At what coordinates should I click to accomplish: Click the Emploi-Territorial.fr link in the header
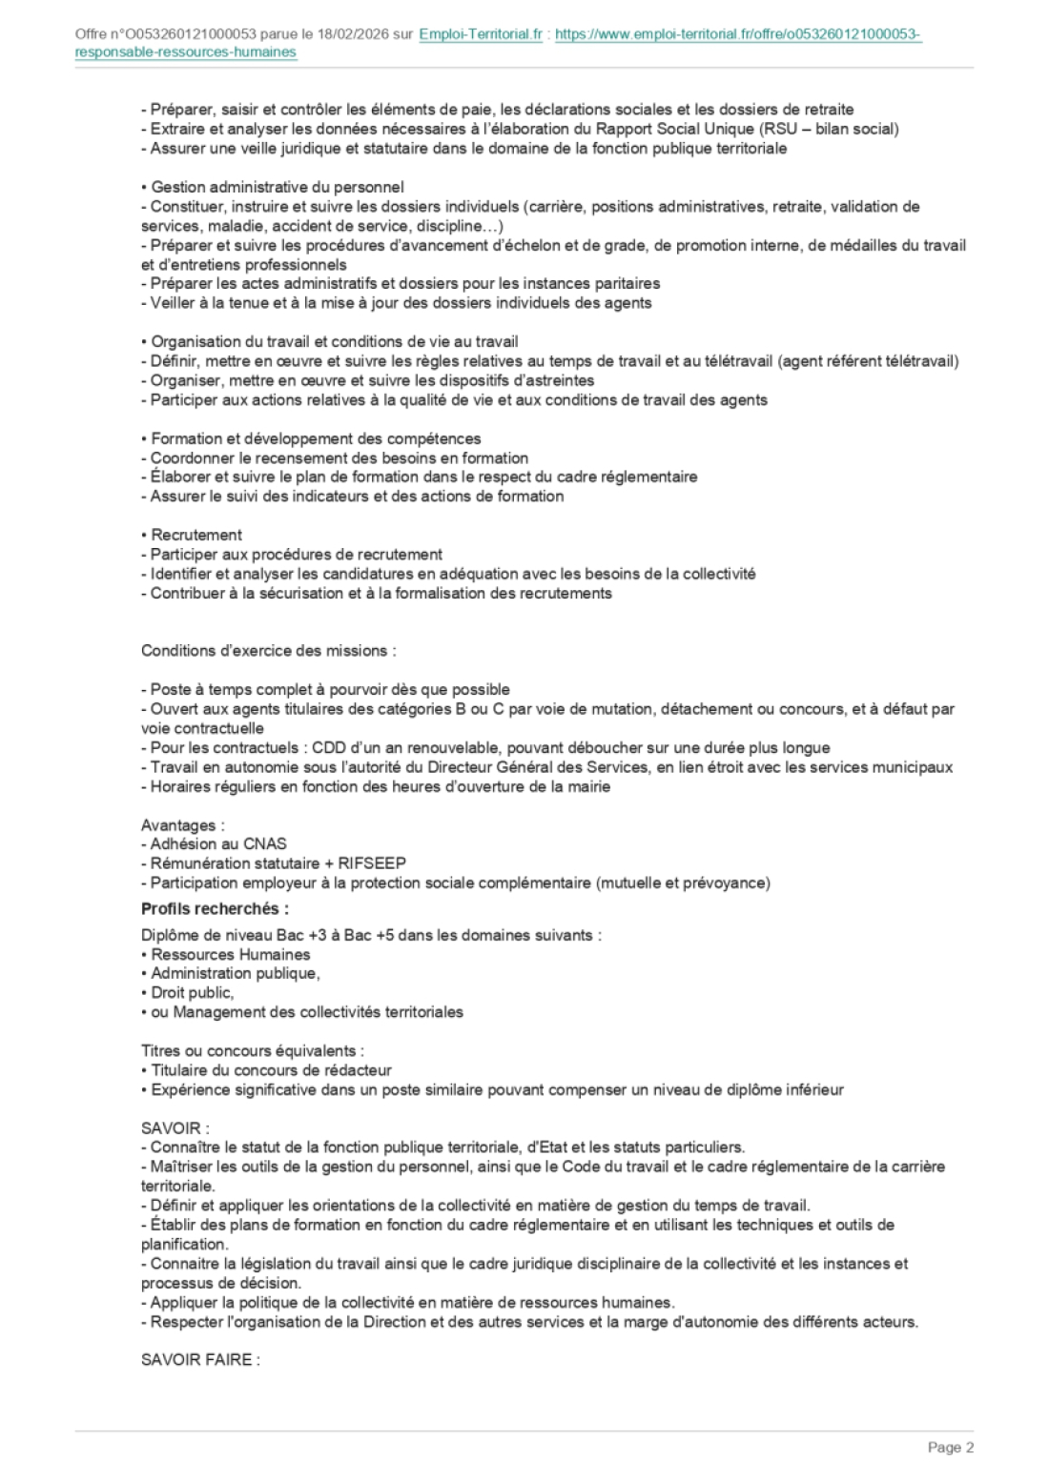(481, 35)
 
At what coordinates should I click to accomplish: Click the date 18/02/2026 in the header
(357, 35)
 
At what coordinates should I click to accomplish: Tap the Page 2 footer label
(950, 1448)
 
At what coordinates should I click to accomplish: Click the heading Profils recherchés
(215, 908)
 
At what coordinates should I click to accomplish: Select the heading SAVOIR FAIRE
(200, 1360)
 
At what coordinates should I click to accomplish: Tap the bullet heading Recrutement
(196, 535)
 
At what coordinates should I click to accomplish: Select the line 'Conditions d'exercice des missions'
(268, 651)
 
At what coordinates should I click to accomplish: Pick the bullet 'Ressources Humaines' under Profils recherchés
(230, 954)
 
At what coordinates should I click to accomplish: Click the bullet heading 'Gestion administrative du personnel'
(277, 187)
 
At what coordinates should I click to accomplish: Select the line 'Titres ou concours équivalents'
(252, 1051)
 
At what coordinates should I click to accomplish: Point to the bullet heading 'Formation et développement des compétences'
(316, 438)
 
